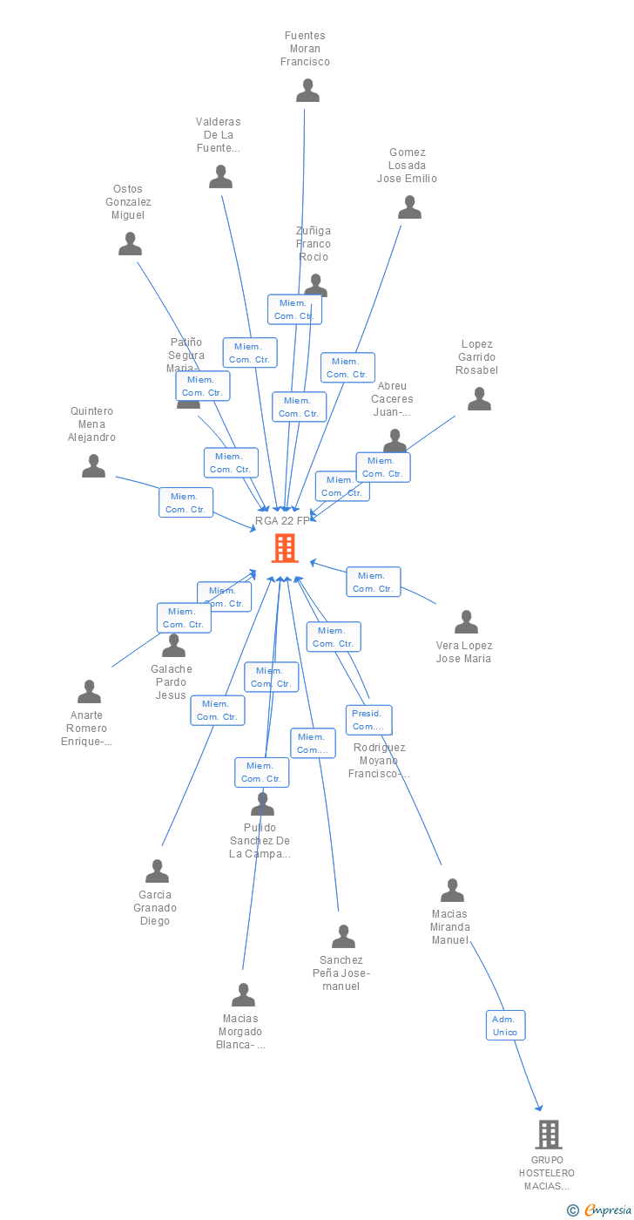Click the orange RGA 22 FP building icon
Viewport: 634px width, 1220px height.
point(285,548)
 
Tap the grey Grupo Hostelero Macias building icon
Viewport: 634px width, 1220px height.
point(548,1135)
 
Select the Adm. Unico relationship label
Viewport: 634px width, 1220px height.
point(505,1025)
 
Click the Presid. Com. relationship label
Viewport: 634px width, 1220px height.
point(368,720)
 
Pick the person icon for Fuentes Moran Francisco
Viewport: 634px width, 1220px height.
point(307,91)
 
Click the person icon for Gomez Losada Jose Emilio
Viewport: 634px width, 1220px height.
point(409,207)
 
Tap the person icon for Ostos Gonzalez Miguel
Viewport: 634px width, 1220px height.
point(130,244)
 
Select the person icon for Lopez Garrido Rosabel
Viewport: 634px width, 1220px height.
point(479,399)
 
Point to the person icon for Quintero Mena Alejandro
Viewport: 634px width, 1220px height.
point(93,466)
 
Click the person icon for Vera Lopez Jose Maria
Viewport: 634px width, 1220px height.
point(466,622)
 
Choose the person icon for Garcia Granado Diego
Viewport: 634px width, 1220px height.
point(157,871)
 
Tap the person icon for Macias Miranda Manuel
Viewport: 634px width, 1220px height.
point(452,891)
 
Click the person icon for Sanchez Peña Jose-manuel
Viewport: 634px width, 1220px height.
point(343,937)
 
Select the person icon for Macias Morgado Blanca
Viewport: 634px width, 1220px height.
point(243,995)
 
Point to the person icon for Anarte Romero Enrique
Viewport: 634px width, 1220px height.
point(89,692)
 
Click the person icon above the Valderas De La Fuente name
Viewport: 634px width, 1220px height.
point(220,177)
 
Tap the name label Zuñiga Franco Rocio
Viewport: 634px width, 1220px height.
point(314,244)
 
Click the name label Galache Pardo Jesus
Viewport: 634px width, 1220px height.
point(172,681)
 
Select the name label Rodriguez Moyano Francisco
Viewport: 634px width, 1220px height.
point(379,761)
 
